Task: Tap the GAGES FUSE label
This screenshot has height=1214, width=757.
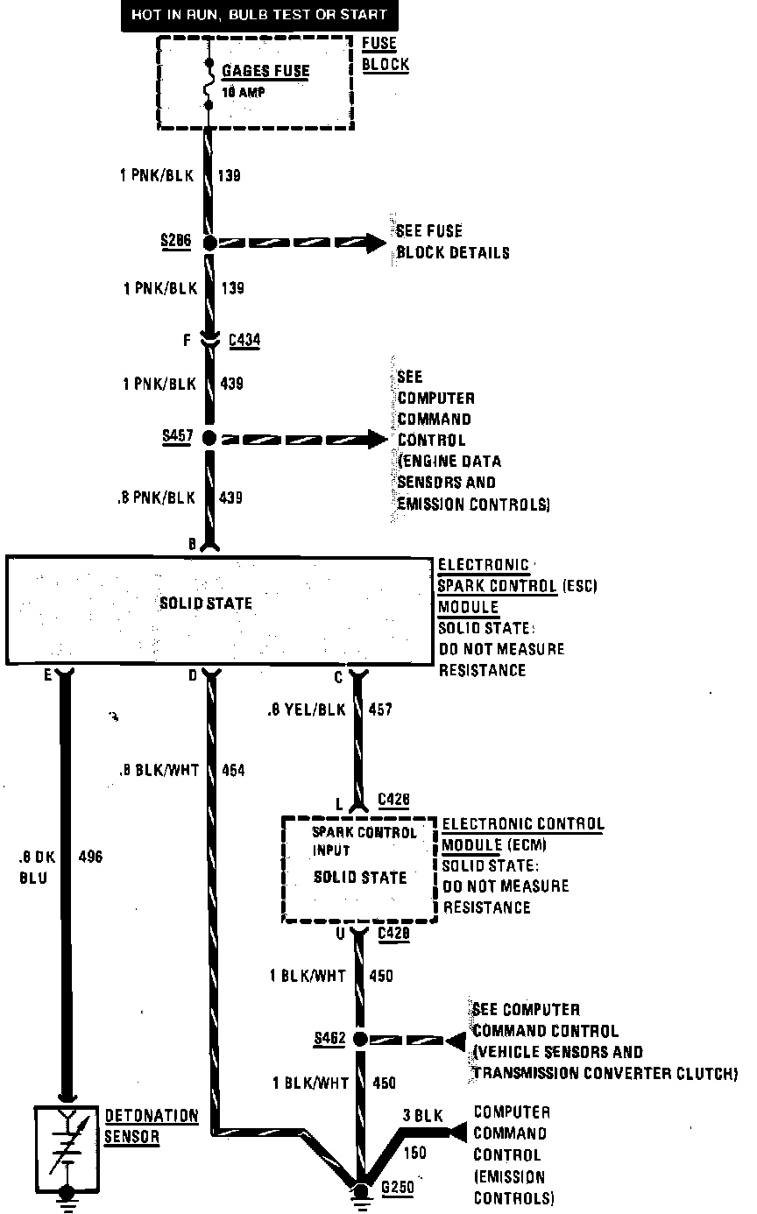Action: [x=265, y=72]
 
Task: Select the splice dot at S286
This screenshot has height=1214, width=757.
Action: [x=209, y=242]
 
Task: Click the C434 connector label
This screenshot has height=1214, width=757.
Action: [x=244, y=340]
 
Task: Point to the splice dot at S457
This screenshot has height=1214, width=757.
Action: [x=209, y=438]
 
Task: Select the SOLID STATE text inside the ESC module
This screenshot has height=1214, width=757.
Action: [x=206, y=603]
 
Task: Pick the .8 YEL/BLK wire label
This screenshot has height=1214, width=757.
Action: [x=308, y=710]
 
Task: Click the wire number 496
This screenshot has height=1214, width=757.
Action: [x=90, y=857]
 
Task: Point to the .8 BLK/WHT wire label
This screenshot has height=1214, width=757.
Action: [x=159, y=771]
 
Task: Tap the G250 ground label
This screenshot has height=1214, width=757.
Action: [x=396, y=1189]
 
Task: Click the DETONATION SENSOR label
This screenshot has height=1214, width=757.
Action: [x=151, y=1126]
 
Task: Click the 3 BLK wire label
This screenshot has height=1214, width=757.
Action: [x=423, y=1116]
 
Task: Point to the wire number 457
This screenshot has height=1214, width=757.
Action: [x=381, y=710]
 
